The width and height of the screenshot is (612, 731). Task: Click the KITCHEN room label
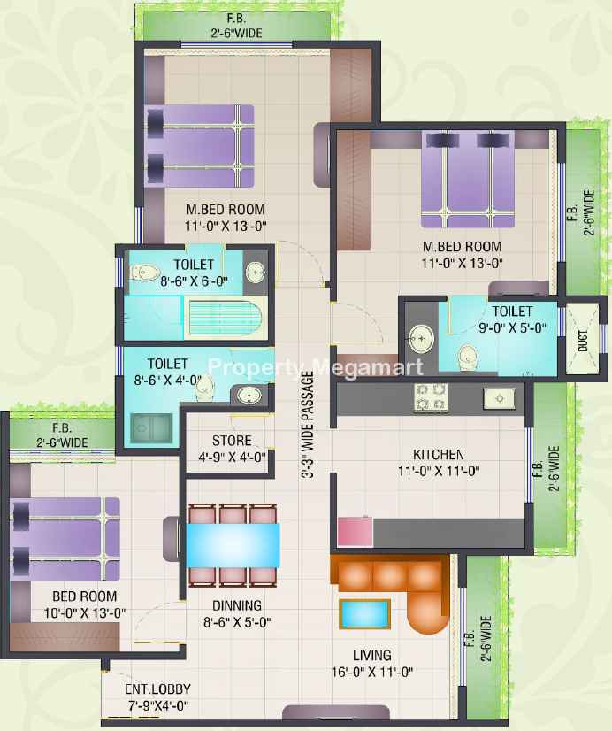tap(439, 454)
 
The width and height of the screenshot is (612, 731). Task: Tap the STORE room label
tap(232, 441)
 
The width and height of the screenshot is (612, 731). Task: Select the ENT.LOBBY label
tap(157, 689)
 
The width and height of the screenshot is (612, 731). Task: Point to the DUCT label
tap(582, 341)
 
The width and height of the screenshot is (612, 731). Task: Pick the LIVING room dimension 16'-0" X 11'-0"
tap(372, 672)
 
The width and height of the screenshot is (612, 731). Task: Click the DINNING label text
tap(237, 605)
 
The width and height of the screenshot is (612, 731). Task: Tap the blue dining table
tap(233, 545)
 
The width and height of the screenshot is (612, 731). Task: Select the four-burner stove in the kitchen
tap(431, 397)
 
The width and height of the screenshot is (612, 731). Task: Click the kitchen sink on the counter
tap(500, 398)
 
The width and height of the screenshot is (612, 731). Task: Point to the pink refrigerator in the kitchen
tap(355, 531)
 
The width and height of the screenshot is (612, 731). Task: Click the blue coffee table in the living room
tap(364, 614)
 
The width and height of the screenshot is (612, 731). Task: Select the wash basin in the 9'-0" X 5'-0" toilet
tap(422, 338)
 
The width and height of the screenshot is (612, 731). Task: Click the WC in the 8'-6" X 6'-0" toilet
tap(144, 273)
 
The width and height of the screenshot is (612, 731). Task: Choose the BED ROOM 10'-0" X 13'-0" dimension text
tap(85, 613)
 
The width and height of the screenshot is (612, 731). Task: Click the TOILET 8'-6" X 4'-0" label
tap(167, 372)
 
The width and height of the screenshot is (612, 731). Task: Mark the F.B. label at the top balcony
tap(236, 19)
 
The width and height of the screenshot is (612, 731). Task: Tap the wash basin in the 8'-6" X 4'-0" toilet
tap(249, 396)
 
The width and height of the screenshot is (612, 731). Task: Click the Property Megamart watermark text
tap(316, 367)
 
